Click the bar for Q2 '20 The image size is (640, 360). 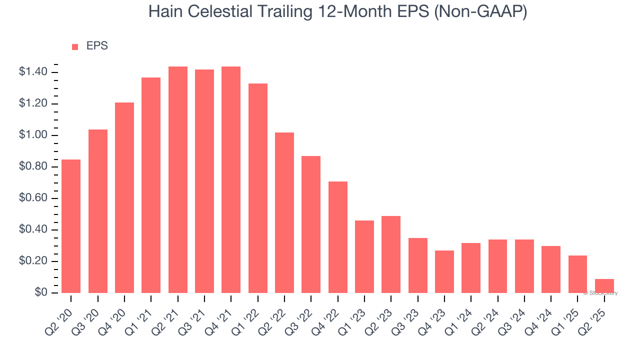[71, 226]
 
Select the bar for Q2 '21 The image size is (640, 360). [178, 179]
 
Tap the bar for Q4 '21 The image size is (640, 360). [231, 179]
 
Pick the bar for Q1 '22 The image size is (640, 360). [258, 188]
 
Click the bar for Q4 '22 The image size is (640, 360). [338, 237]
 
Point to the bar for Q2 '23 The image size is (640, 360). [391, 254]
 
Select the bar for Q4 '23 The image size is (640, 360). [444, 271]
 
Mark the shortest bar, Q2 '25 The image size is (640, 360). [604, 286]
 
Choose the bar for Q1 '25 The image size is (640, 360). [577, 274]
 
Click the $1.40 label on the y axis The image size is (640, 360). [33, 72]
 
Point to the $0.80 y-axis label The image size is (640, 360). [33, 167]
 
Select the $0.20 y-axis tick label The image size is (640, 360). [33, 261]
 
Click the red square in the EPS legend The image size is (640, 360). [75, 47]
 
